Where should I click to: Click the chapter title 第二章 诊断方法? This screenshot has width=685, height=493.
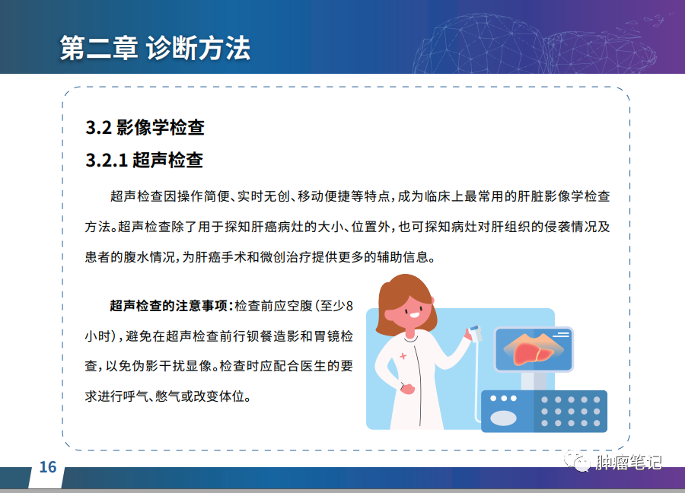coord(155,48)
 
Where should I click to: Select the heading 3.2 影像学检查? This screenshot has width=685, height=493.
coord(145,128)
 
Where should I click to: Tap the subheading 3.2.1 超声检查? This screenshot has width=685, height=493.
coord(144,161)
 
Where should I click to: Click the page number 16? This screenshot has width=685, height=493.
coord(48,467)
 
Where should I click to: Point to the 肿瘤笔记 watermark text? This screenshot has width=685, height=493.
coord(629,463)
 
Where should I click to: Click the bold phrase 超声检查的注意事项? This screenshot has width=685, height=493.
coord(169,306)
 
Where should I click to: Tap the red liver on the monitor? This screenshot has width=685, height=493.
coord(534,352)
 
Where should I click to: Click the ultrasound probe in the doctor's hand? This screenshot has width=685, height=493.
coord(475,333)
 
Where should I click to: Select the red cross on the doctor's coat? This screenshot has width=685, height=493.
coord(403,356)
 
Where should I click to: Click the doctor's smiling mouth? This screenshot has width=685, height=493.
coord(413,315)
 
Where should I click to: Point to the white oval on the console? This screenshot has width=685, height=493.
coord(503,418)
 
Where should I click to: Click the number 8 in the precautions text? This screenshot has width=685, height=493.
coord(349,306)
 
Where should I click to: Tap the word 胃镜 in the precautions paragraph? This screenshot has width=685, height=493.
coord(327,336)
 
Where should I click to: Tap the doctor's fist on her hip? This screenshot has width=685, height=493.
coord(406,388)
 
